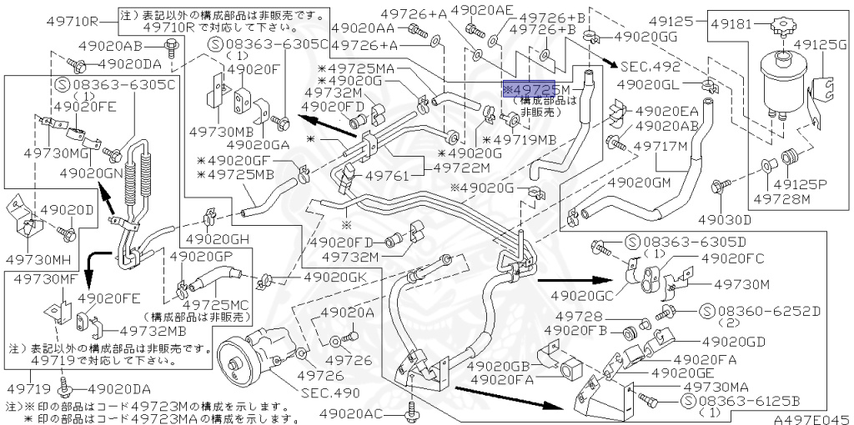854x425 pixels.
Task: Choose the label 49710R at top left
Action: pos(72,22)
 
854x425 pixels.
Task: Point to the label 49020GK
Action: pos(334,277)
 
